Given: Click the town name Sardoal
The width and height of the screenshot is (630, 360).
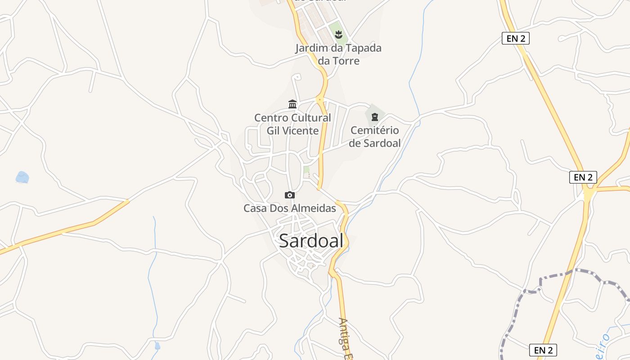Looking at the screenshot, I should [311, 241].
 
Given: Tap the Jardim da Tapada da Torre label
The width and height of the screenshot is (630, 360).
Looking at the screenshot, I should [338, 54].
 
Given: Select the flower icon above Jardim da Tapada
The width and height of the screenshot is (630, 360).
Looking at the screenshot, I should [338, 34].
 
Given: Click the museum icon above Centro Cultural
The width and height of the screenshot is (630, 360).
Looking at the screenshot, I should [292, 104].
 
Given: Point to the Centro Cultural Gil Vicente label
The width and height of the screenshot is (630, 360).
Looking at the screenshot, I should [292, 124].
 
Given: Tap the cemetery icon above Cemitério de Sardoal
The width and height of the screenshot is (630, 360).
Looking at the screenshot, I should [374, 117].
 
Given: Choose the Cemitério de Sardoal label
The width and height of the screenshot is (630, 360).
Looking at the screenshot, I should [375, 137].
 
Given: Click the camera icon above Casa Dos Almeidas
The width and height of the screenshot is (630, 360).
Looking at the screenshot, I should [290, 195].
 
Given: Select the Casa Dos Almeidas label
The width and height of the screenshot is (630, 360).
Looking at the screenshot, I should [290, 208].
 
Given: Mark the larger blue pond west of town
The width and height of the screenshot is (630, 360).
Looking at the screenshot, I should [22, 177].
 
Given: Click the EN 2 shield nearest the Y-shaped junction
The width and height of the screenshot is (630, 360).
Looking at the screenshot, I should [583, 177].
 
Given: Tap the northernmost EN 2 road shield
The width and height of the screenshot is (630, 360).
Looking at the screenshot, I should [515, 38].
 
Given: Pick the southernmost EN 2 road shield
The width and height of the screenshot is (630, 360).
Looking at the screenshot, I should [543, 350].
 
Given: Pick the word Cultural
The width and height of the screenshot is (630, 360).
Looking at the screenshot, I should [310, 118].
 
